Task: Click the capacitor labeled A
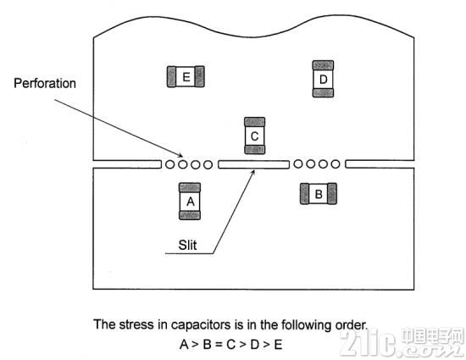pos(190,201)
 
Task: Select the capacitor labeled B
pos(319,194)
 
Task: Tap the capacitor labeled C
pos(255,136)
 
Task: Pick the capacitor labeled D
pos(323,79)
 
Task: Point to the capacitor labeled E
pos(186,76)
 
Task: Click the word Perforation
pos(45,84)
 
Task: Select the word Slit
pos(187,245)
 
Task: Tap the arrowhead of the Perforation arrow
pos(181,156)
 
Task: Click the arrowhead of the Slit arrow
pos(253,172)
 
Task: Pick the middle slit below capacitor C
pos(254,164)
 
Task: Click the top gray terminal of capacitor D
pos(323,65)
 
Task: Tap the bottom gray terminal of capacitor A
pos(190,215)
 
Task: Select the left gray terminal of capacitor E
pos(171,76)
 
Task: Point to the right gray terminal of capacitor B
pos(332,194)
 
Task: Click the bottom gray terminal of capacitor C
pos(255,150)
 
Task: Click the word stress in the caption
pos(136,324)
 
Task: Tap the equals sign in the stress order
pos(219,345)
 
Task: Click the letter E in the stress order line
pos(278,345)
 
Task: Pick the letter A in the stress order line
pos(184,345)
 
